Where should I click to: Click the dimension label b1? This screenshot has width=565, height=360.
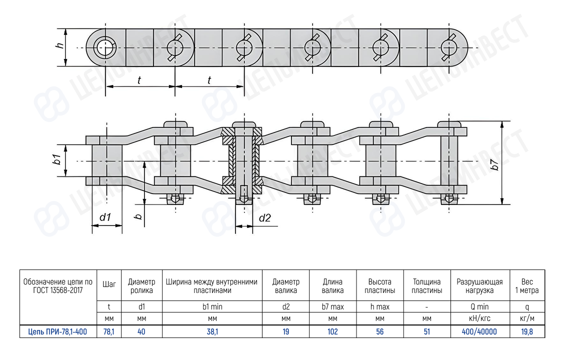click(x=57, y=160)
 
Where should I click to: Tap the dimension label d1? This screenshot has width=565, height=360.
click(x=104, y=217)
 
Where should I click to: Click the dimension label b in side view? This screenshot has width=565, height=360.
click(x=139, y=215)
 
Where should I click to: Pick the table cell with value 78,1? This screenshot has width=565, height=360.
click(x=108, y=331)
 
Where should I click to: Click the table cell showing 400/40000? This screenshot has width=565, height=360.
click(x=479, y=331)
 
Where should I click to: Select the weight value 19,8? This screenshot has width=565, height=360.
click(x=527, y=331)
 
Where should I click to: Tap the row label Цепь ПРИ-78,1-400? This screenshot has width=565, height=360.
click(x=57, y=331)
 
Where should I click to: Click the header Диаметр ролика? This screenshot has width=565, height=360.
click(x=141, y=286)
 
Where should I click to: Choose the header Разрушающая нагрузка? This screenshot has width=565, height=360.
click(x=479, y=286)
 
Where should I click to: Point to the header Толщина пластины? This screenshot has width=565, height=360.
click(x=426, y=286)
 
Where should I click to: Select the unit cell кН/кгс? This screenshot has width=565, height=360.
click(x=479, y=318)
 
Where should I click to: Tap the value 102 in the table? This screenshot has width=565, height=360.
click(x=332, y=331)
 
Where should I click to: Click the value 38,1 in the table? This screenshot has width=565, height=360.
click(x=212, y=331)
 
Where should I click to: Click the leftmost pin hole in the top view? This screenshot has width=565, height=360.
click(x=104, y=48)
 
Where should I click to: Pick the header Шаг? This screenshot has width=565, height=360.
click(x=108, y=284)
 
